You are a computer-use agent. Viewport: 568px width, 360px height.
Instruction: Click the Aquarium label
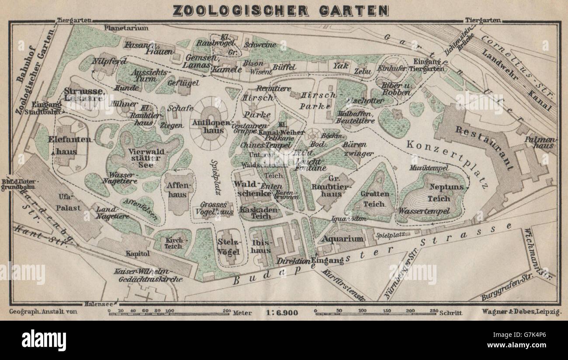(343, 239)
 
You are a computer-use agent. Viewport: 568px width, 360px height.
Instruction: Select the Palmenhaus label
(543, 142)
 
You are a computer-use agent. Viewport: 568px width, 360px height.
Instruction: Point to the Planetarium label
(126, 28)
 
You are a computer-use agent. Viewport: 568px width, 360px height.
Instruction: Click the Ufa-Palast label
(68, 202)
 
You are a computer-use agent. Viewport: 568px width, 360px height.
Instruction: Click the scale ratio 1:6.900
(281, 312)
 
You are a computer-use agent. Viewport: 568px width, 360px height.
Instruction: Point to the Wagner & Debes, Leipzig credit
(522, 312)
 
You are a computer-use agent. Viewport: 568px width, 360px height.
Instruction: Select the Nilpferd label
(104, 61)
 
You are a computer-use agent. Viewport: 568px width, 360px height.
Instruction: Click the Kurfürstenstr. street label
(343, 284)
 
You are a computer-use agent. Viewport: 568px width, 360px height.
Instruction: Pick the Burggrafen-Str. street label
(502, 290)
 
